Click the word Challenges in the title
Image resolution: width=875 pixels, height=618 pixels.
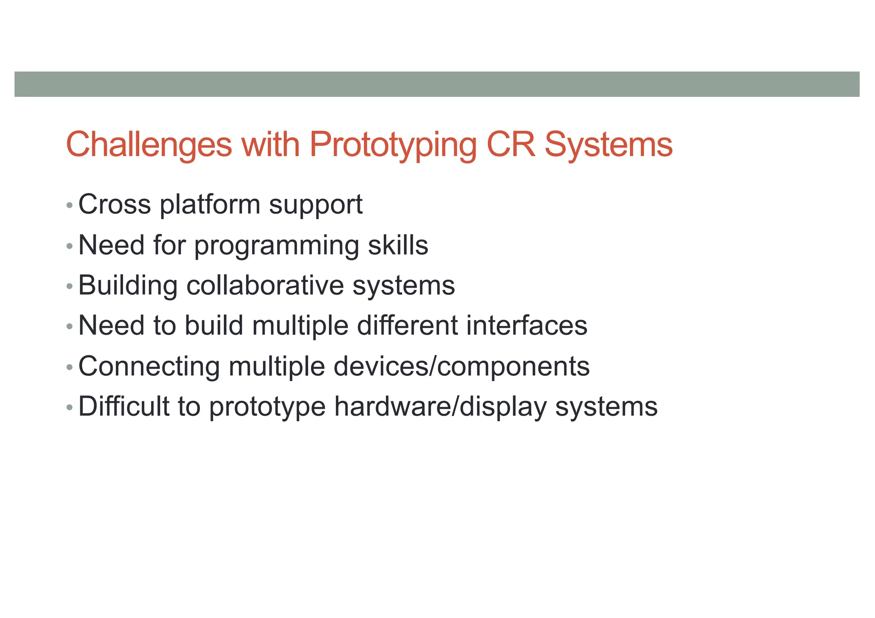tap(149, 145)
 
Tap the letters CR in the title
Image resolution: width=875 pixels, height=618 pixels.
tap(510, 144)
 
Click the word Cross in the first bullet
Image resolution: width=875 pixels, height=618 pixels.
tap(115, 204)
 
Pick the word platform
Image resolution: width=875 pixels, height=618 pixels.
tap(210, 204)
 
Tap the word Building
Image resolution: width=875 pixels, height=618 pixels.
tap(128, 286)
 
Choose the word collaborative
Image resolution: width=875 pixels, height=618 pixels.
tap(265, 285)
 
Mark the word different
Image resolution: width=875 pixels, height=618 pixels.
tap(407, 326)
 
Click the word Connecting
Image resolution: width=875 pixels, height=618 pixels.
tap(149, 367)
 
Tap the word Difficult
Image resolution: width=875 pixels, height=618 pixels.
tap(124, 406)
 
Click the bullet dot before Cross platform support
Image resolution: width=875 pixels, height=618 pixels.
tap(70, 206)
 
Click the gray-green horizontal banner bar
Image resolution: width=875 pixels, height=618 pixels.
tap(437, 84)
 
